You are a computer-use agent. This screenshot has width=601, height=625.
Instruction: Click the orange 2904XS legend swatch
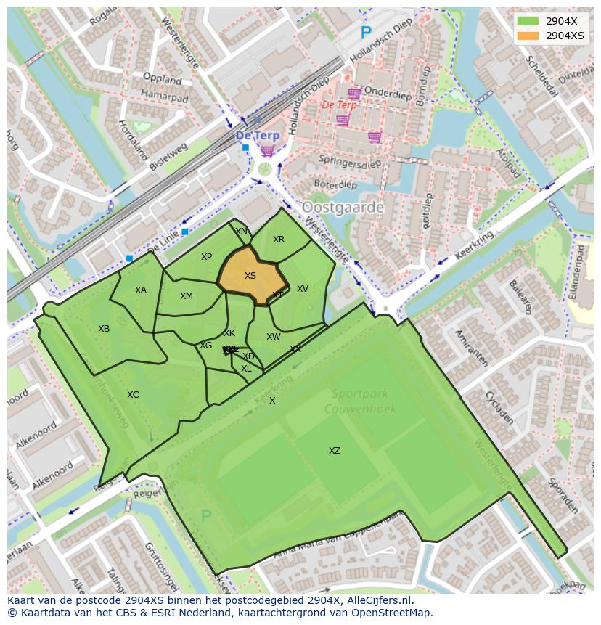[528, 36]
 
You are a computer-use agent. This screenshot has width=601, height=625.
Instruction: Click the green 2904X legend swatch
[528, 22]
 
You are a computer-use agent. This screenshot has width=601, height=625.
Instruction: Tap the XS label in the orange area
[250, 276]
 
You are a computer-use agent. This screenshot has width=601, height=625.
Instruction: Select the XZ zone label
[334, 451]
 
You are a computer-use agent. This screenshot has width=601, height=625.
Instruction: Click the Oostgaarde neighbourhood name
[343, 208]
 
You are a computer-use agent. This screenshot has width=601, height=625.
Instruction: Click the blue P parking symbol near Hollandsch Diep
[366, 33]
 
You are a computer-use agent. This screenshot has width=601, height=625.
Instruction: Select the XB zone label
[104, 329]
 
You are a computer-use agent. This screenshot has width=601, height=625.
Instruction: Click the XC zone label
[133, 395]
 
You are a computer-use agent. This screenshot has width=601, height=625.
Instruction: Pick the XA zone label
[141, 290]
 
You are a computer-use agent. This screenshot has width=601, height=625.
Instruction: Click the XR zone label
[279, 240]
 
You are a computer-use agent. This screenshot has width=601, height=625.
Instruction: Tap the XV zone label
[303, 289]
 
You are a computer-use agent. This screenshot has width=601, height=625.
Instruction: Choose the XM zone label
[187, 296]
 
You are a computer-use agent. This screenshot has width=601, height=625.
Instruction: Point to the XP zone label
[206, 257]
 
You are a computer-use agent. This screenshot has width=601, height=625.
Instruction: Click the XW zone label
[273, 337]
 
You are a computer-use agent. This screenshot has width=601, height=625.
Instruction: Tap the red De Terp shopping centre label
[339, 105]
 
